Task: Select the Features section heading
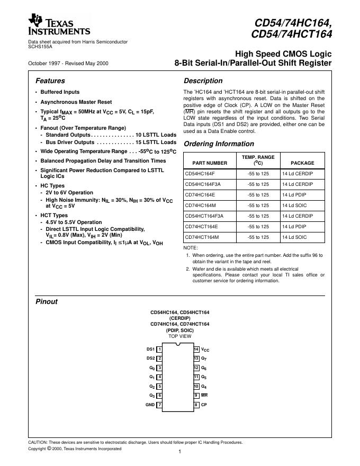point(50,81)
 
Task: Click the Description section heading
point(203,81)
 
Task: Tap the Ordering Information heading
point(219,144)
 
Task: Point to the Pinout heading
point(47,302)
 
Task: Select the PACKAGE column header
point(302,163)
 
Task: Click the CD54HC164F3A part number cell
point(203,184)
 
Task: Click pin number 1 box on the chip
point(160,349)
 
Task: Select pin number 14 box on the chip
point(196,349)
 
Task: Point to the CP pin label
point(204,405)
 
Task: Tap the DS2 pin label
point(150,359)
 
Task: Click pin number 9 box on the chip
point(196,396)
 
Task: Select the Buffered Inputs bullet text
point(60,92)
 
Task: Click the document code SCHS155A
point(40,46)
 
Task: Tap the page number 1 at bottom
point(180,452)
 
